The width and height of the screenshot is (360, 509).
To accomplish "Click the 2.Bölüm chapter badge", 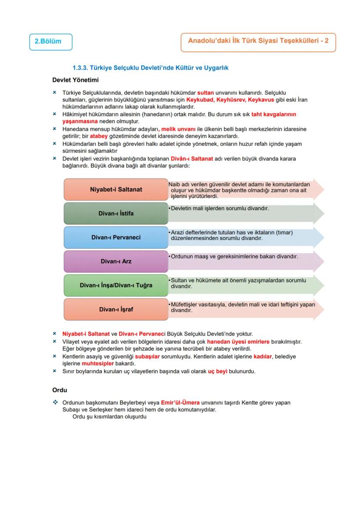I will (50, 42).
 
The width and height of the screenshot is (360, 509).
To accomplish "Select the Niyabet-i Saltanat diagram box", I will (116, 190).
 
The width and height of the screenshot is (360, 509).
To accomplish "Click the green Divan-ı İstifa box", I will (116, 213).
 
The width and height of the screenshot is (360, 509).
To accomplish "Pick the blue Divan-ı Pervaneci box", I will (116, 237).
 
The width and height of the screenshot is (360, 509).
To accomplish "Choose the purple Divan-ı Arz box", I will (116, 261).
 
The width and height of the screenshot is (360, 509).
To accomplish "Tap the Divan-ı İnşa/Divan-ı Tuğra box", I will (116, 286).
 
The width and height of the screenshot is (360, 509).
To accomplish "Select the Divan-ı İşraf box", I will (116, 309).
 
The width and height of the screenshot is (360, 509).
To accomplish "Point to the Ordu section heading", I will (60, 390).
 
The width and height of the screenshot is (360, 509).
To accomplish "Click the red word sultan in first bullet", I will (206, 93).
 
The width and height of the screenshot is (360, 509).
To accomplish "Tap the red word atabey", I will (98, 136).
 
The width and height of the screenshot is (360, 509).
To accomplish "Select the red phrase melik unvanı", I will (178, 129).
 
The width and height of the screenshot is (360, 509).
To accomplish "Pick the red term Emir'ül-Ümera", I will (180, 403).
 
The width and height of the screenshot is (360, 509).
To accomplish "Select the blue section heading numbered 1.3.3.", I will (150, 68).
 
